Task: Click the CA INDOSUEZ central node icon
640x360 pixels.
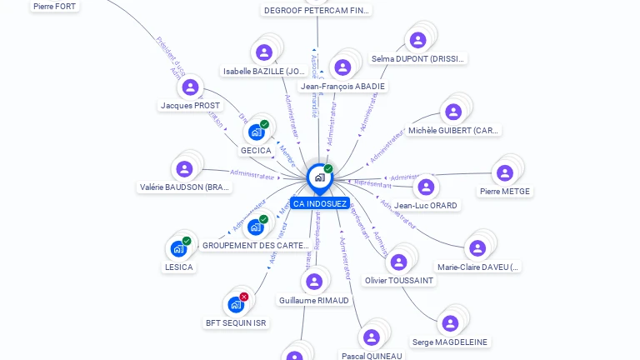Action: (318, 177)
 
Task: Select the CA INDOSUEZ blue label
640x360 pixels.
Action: (320, 203)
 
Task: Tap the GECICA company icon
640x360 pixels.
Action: (257, 132)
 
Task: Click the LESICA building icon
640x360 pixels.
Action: (178, 248)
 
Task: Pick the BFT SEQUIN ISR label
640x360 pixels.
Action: (236, 322)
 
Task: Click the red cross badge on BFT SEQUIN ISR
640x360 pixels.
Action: (244, 297)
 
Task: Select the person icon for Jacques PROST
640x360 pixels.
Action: (191, 87)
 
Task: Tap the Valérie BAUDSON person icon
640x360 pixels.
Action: (184, 169)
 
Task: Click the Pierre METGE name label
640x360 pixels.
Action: (505, 191)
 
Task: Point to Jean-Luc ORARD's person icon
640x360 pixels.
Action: (426, 187)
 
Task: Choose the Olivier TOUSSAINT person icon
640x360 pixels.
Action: (399, 262)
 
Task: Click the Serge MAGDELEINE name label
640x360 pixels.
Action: (450, 342)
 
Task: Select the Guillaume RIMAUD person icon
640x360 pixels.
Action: (314, 282)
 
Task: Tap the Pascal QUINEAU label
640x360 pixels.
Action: (372, 356)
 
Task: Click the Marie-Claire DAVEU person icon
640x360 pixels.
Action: (477, 248)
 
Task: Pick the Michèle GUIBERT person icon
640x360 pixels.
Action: (453, 112)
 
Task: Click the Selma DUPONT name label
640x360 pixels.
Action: (418, 59)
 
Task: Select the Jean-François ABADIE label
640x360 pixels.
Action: (342, 86)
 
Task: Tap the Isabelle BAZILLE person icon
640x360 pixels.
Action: (264, 52)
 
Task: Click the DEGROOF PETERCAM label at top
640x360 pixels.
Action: (316, 10)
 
